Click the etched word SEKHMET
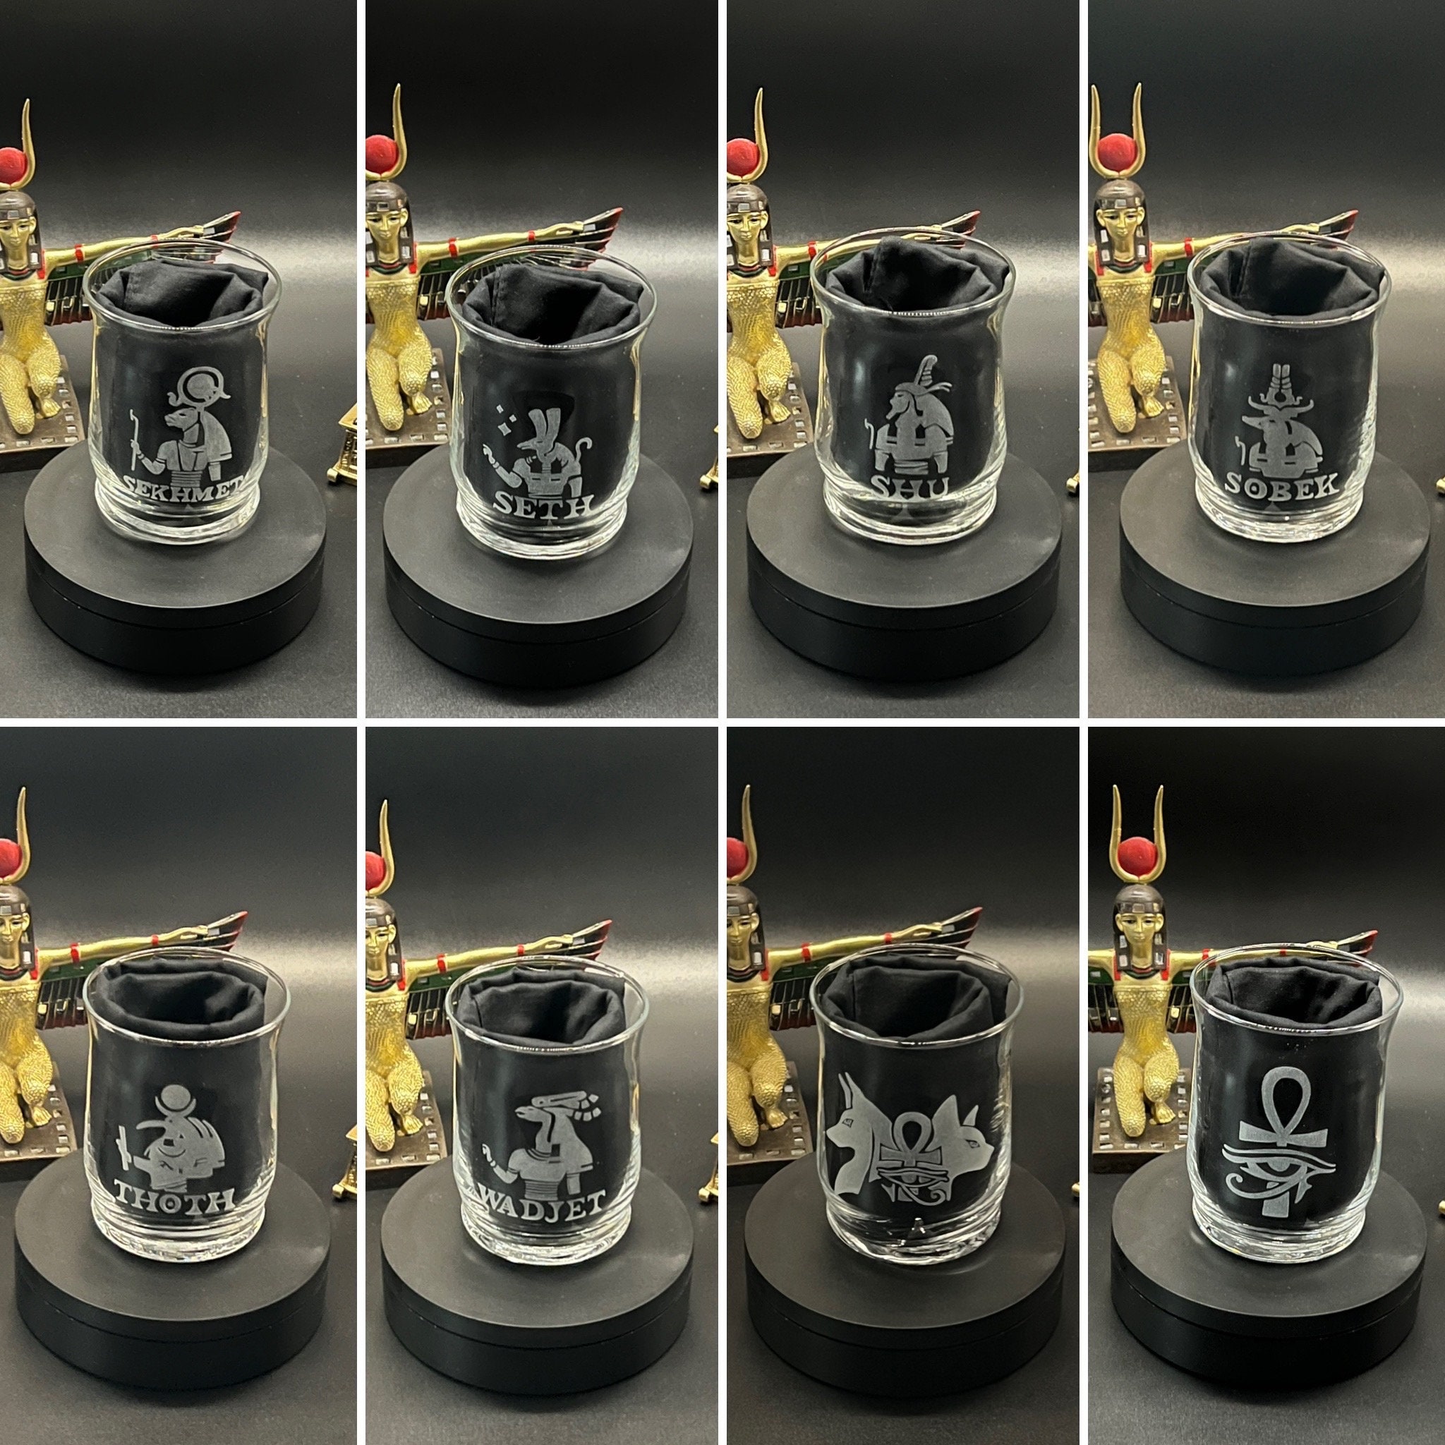pos(183,488)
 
